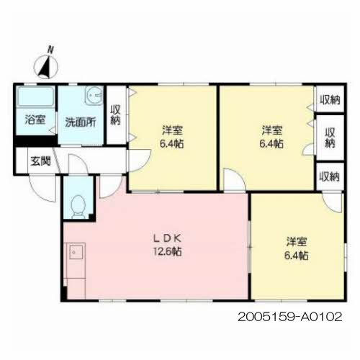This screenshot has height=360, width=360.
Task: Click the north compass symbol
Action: click(x=46, y=67)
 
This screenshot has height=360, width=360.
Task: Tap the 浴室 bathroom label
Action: click(x=35, y=120)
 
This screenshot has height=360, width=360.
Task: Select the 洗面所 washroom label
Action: click(x=81, y=122)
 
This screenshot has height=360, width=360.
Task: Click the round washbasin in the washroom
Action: click(x=94, y=96)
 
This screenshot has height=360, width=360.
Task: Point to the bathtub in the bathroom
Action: click(x=35, y=96)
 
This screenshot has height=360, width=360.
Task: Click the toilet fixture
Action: click(x=78, y=207)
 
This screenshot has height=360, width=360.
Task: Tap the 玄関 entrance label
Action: click(x=40, y=161)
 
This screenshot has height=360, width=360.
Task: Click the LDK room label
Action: click(x=167, y=238)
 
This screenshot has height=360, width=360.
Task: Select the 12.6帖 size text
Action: click(x=168, y=251)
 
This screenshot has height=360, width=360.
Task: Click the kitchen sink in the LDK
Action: click(x=76, y=252)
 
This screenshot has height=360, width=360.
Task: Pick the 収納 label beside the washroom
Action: click(x=115, y=115)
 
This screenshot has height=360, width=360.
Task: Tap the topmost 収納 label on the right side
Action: click(x=330, y=99)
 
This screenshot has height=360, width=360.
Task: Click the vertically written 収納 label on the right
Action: click(x=330, y=138)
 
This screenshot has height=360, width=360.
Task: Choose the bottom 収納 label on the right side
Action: click(x=330, y=176)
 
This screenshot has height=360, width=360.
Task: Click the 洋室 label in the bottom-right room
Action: click(x=297, y=242)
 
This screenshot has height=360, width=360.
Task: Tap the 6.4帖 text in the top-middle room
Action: click(x=172, y=144)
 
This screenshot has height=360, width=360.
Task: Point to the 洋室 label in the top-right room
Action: click(x=272, y=130)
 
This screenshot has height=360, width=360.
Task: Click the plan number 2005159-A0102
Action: click(x=290, y=317)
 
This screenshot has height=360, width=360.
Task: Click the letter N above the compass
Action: click(x=50, y=50)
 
